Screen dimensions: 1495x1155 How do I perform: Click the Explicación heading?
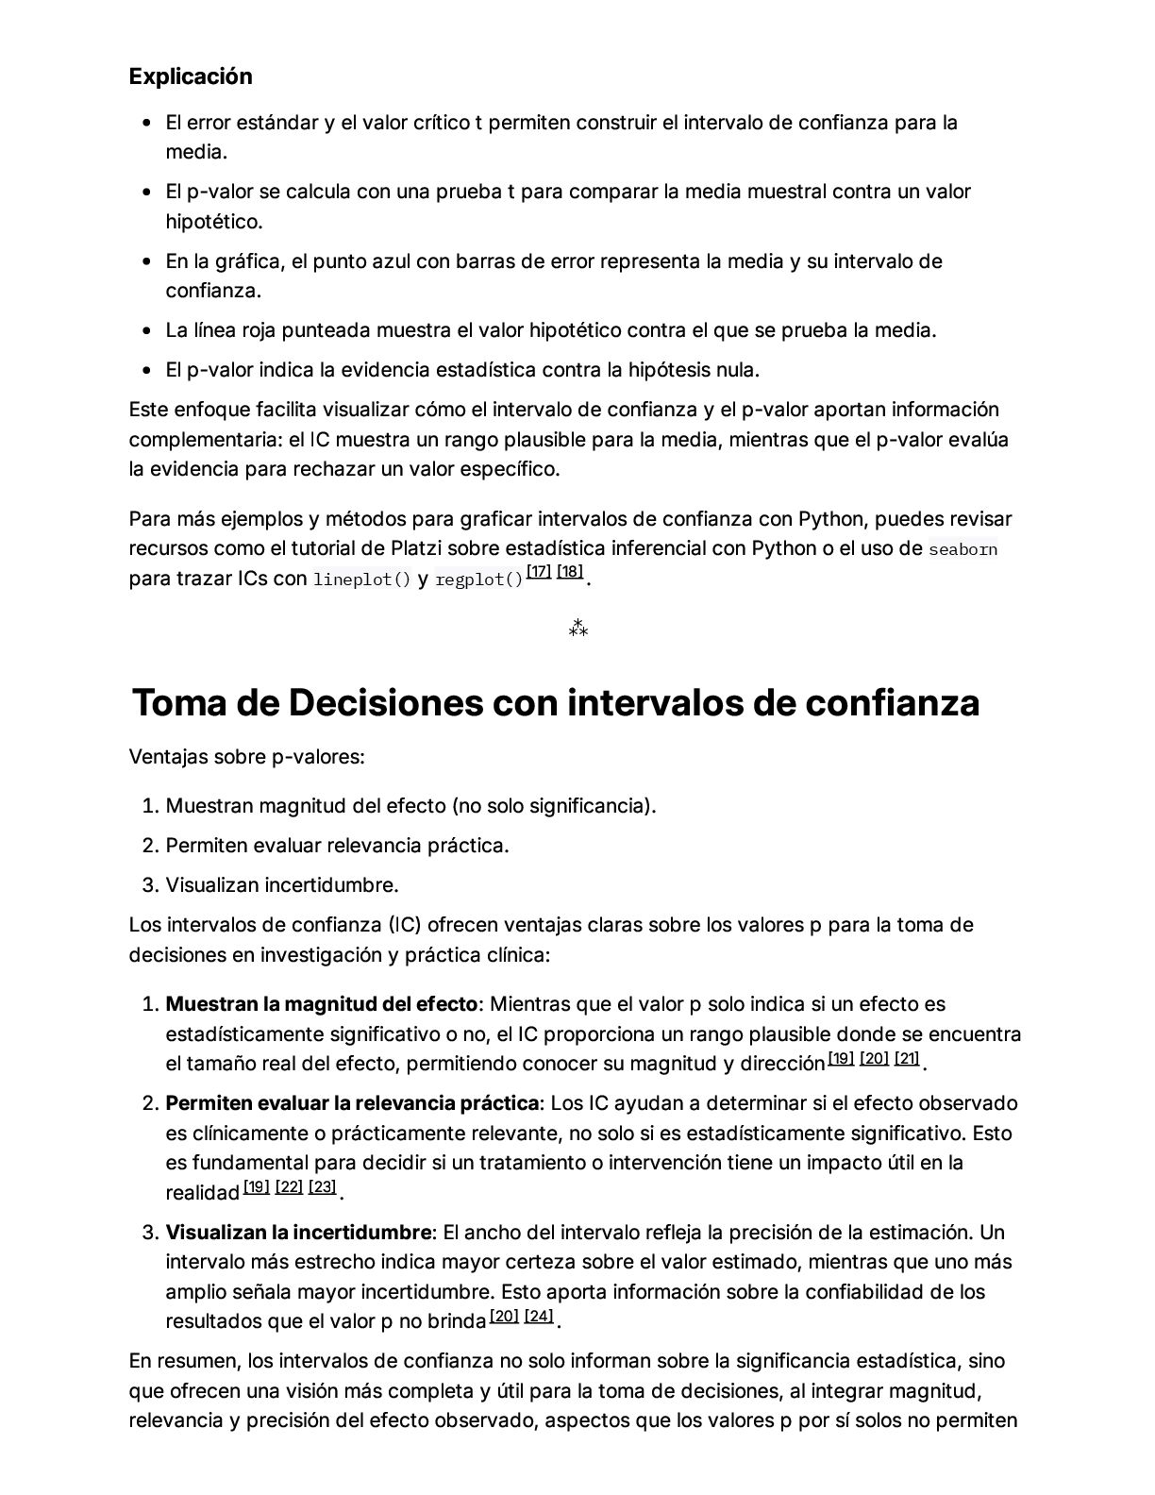pyautogui.click(x=191, y=76)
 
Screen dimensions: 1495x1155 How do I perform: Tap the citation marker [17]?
pyautogui.click(x=539, y=572)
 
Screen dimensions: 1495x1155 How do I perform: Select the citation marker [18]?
pyautogui.click(x=570, y=572)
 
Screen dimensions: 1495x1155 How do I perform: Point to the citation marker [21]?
pyautogui.click(x=907, y=1058)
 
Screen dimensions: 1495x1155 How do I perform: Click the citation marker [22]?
pyautogui.click(x=289, y=1187)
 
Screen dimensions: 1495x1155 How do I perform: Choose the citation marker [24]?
pyautogui.click(x=539, y=1316)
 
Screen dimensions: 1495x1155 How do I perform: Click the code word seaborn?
pyautogui.click(x=962, y=549)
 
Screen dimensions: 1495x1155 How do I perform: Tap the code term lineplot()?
pyautogui.click(x=362, y=580)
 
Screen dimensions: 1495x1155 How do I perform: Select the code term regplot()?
pyautogui.click(x=479, y=580)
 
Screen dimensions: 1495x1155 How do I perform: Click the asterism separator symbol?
pyautogui.click(x=578, y=629)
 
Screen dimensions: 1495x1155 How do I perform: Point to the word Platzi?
pyautogui.click(x=416, y=548)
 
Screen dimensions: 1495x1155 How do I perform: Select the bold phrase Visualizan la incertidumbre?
pyautogui.click(x=298, y=1233)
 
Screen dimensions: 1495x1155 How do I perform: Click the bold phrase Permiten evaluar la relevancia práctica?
pyautogui.click(x=352, y=1103)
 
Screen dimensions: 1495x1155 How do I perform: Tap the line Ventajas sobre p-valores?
pyautogui.click(x=246, y=757)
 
